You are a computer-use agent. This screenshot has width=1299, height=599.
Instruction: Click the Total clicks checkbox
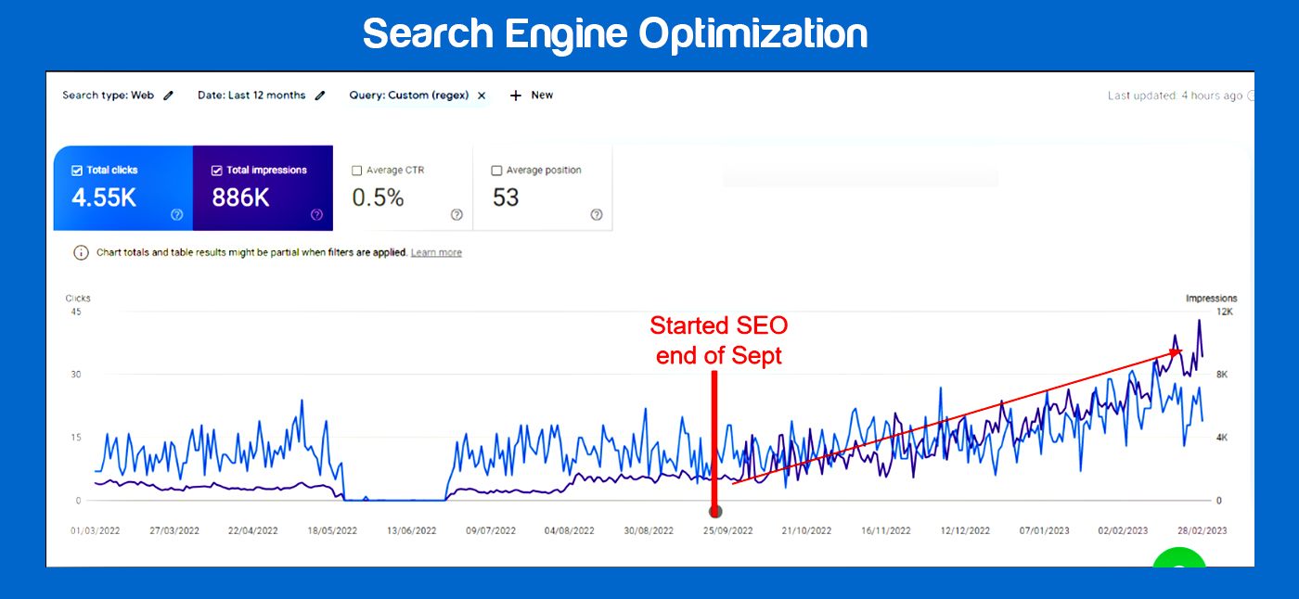[77, 171]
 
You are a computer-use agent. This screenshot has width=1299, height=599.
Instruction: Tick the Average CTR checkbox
[357, 171]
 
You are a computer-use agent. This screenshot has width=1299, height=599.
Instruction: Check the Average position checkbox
[496, 171]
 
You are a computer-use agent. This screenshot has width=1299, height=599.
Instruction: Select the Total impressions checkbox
[217, 171]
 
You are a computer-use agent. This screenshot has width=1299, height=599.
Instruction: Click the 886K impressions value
[240, 198]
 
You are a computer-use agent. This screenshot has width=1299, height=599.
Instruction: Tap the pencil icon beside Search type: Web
[168, 96]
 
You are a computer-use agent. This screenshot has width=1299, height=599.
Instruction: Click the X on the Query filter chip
[482, 96]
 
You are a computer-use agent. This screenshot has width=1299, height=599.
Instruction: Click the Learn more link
[436, 253]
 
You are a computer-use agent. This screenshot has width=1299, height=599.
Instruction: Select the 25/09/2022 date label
[727, 531]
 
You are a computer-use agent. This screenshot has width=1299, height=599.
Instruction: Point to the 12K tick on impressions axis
[1224, 312]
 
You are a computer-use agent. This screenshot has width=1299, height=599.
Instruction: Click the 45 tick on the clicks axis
[76, 312]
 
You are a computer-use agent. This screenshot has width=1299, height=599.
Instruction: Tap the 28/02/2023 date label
[1203, 531]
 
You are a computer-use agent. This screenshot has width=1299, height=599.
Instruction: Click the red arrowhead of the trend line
[1177, 352]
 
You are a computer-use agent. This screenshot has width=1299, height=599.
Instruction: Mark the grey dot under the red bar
[715, 511]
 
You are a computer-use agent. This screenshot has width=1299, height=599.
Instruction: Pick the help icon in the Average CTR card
[457, 215]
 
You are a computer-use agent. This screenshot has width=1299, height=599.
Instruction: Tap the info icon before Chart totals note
[81, 253]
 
